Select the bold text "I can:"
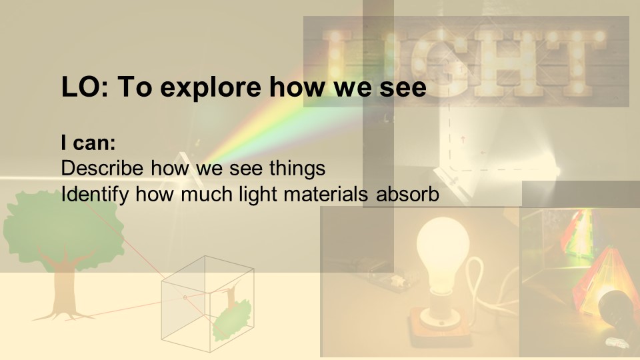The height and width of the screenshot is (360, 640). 88,143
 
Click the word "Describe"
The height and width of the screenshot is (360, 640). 102,168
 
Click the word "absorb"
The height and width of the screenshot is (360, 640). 407,194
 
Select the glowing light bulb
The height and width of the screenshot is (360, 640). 443,251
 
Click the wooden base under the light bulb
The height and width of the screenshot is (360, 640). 441,327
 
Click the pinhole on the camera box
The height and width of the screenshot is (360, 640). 185,297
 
